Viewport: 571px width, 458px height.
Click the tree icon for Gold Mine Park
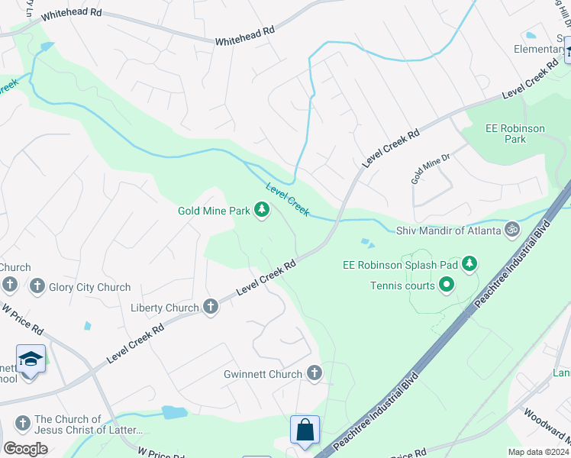262,210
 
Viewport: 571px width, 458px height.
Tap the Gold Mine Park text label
214,211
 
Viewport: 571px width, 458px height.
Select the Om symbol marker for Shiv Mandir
513,229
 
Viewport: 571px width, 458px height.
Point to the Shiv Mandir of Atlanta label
448,230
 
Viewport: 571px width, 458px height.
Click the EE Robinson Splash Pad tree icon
469,265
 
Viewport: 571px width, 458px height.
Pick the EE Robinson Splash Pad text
401,265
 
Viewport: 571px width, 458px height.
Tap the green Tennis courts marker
447,286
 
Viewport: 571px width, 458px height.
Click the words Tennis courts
402,286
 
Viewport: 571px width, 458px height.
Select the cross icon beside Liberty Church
211,307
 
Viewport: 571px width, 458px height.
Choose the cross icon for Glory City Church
36,286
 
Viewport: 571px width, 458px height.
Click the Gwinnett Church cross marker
314,373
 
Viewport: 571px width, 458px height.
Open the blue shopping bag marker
305,430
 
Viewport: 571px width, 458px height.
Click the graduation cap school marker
31,359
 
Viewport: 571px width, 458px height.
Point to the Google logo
25,449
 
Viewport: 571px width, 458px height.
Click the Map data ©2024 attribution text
537,452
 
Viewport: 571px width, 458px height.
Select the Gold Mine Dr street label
431,168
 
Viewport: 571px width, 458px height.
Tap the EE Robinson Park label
515,134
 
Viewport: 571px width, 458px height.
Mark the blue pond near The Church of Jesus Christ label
175,412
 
